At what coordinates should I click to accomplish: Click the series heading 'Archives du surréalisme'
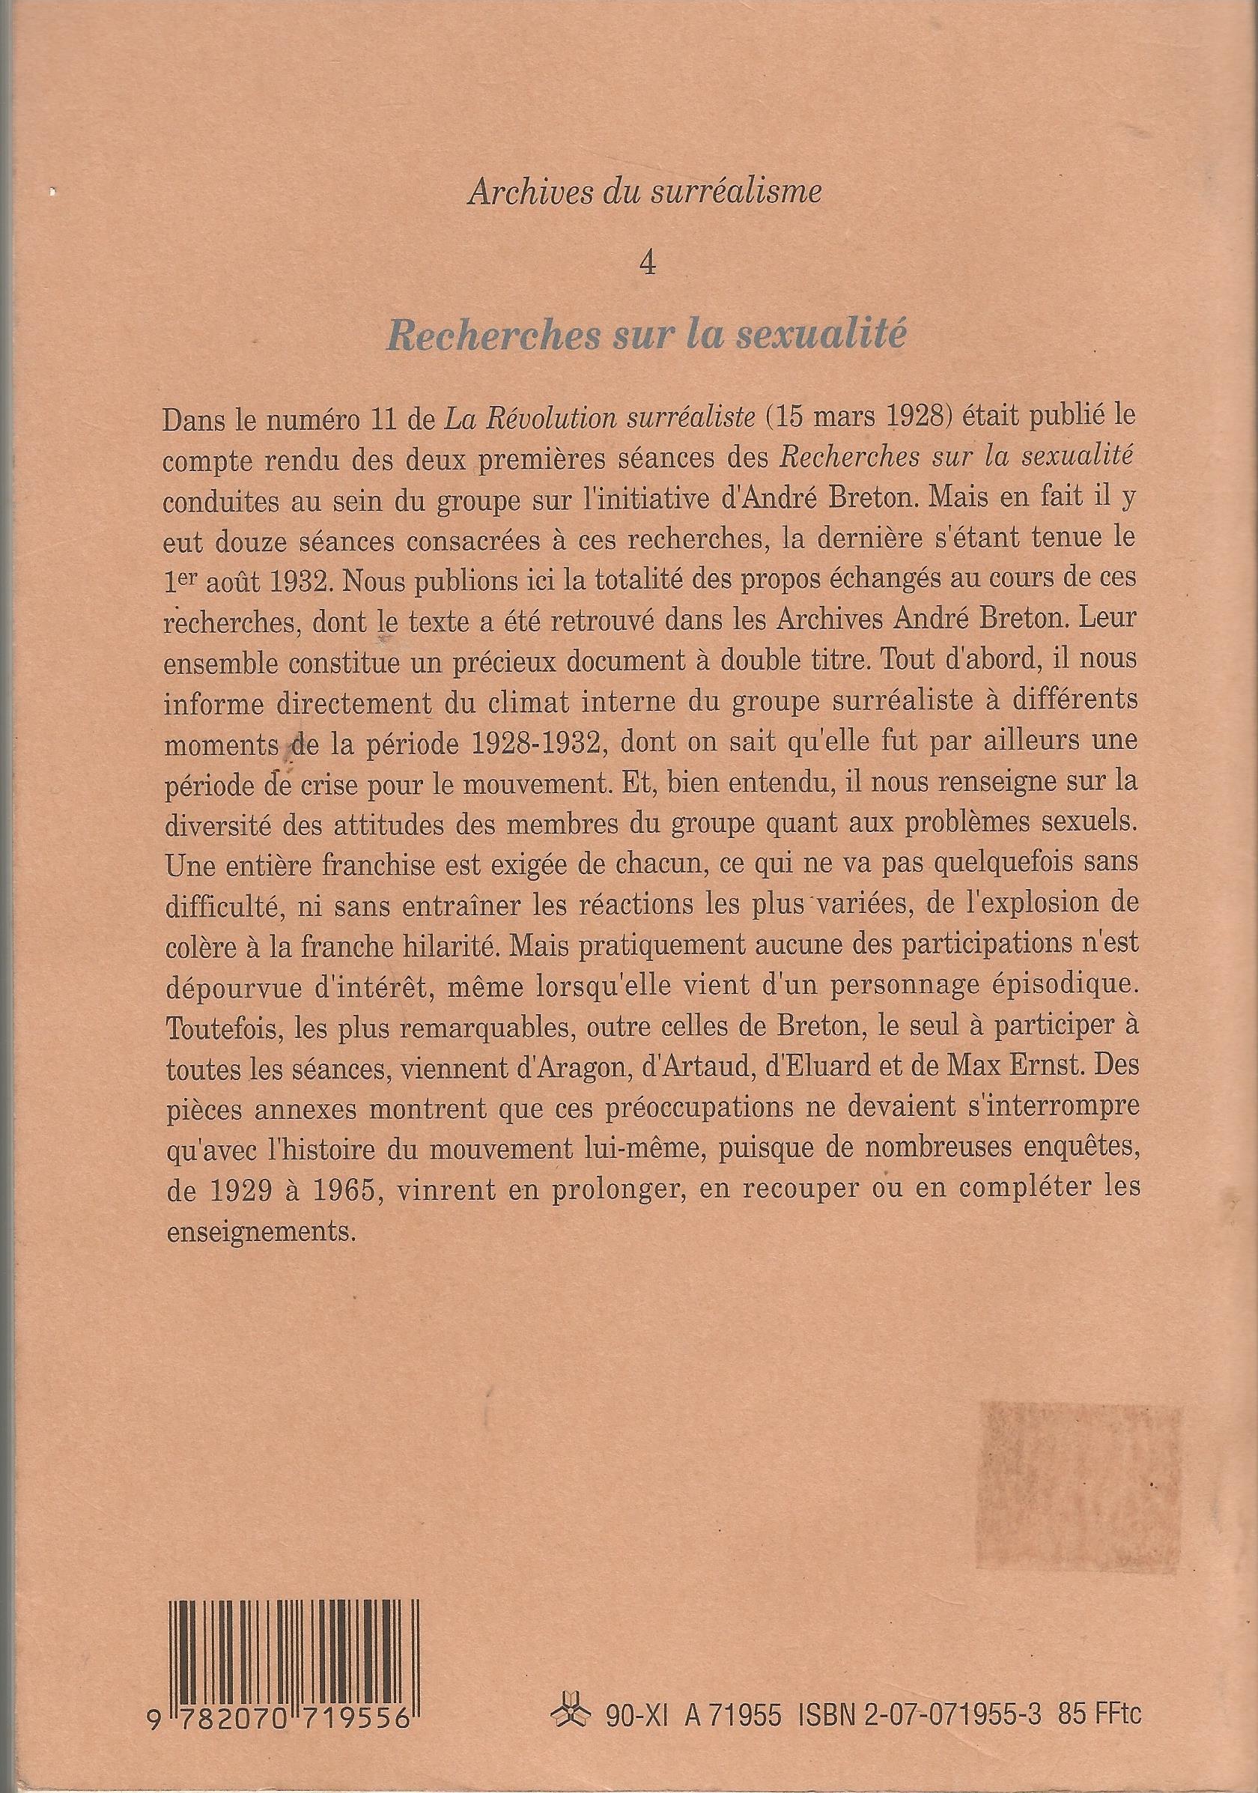point(644,191)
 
